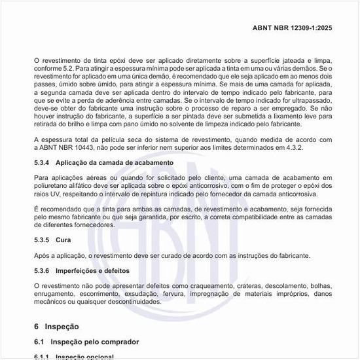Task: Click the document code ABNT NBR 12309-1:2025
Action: coord(301,28)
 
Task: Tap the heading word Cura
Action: coord(63,240)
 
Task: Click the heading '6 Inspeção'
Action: coord(56,326)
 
